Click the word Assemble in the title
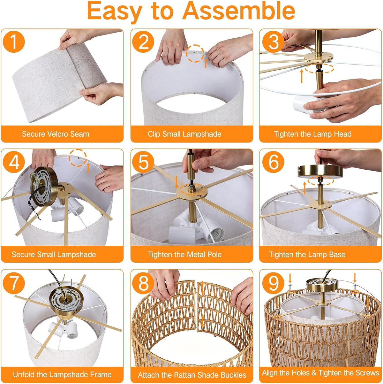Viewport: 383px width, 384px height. pos(239,11)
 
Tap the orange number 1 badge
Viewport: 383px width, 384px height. pos(14,42)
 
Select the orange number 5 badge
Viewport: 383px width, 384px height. pos(143,162)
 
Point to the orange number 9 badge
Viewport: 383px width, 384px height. pos(273,283)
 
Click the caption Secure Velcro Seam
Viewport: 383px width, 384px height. pos(56,134)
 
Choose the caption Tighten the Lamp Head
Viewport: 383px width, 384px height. pos(313,134)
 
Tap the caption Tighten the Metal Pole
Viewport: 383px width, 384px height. pos(184,254)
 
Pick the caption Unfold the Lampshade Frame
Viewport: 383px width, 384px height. pos(62,374)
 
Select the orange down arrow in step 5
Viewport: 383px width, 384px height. pos(176,182)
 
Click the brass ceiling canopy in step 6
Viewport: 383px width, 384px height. pos(320,171)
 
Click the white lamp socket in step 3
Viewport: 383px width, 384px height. pos(307,104)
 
